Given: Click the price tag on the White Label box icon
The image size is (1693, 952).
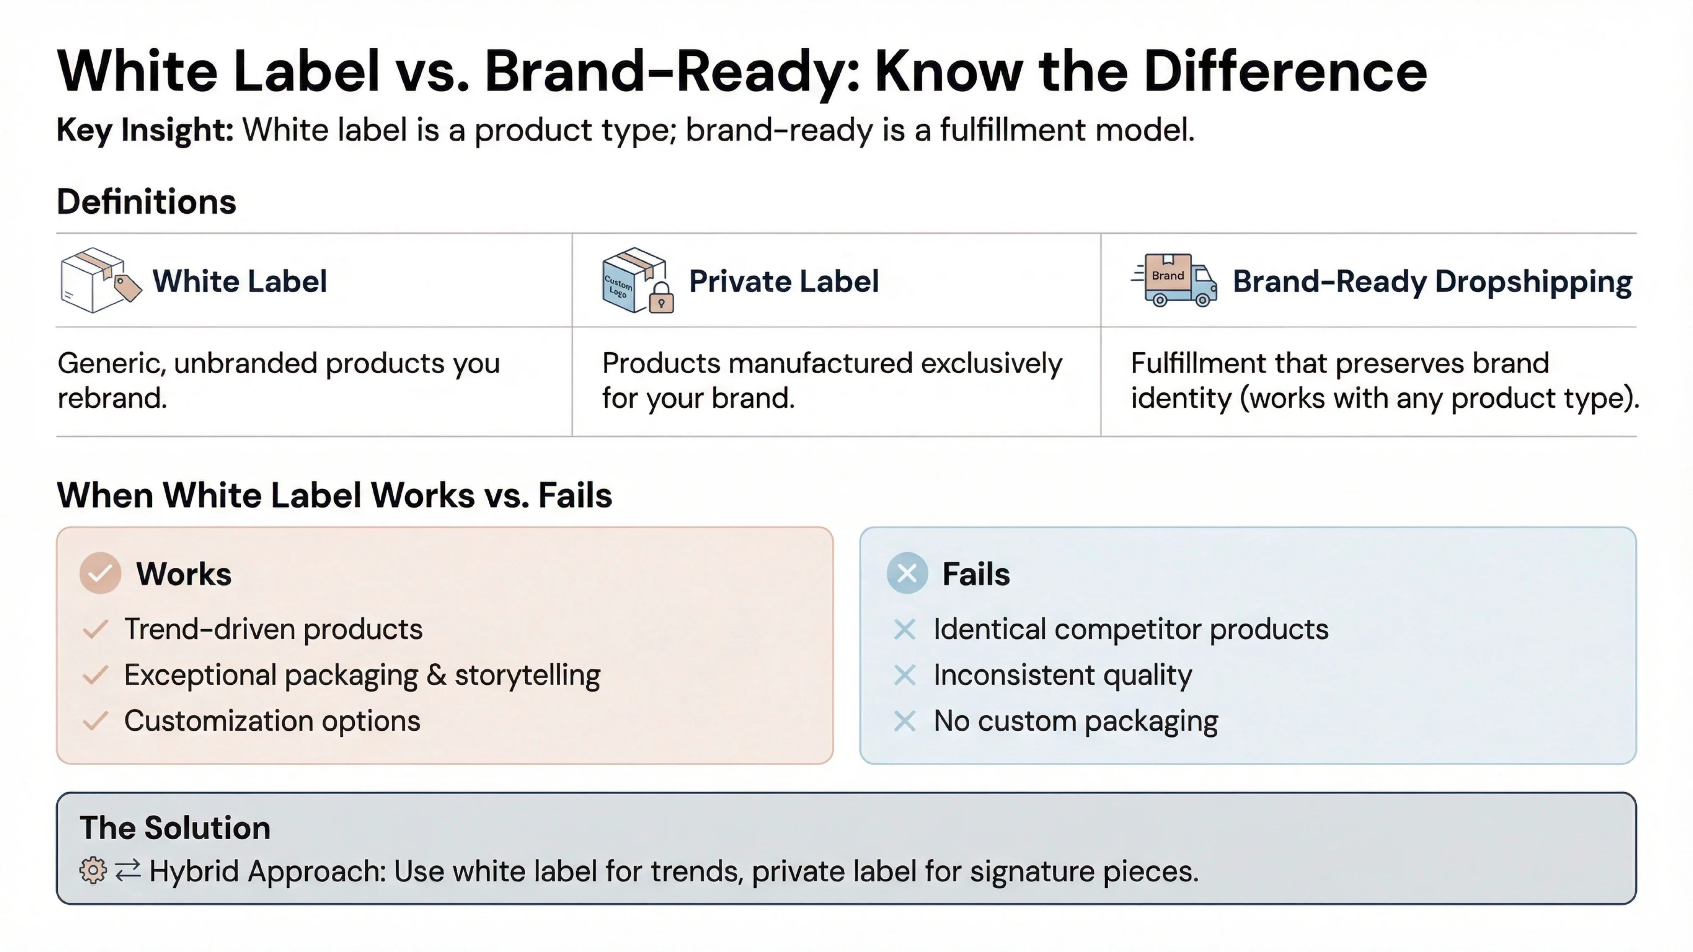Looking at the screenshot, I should (x=127, y=287).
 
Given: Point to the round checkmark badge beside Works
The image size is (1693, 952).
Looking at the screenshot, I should (x=100, y=574).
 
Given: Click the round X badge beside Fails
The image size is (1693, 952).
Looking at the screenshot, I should (x=907, y=574).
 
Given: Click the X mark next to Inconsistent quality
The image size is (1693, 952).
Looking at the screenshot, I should (x=905, y=675).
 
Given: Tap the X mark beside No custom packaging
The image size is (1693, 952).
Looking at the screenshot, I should (x=905, y=721).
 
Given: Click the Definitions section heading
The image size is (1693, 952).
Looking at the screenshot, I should (x=146, y=202).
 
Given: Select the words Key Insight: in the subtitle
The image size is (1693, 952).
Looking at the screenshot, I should (x=145, y=129).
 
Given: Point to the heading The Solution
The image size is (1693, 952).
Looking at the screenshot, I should (x=175, y=828).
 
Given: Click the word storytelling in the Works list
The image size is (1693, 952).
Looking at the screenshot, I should (x=527, y=675).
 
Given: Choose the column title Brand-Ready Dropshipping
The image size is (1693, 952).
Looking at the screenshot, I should (x=1431, y=281).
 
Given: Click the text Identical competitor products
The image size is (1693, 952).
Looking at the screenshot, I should (x=1131, y=630).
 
